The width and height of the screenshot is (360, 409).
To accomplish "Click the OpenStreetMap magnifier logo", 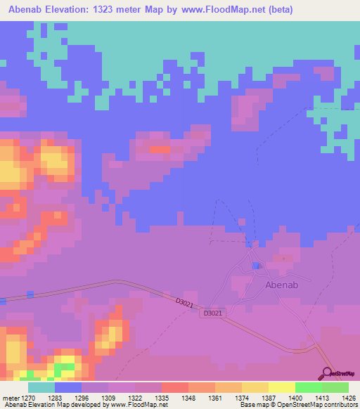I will coord(328,373).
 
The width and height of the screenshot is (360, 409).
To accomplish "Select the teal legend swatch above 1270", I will coord(41,387).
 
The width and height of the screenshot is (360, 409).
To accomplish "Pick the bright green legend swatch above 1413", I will coord(309,387).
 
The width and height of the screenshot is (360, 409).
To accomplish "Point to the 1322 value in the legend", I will coord(148,397).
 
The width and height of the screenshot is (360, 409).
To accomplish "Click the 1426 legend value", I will coord(335,397).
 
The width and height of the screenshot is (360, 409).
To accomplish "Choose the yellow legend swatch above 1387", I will coord(255,387).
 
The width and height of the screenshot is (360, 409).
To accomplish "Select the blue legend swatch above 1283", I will coord(68,387).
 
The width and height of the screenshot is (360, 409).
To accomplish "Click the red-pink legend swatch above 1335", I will coord(175,387).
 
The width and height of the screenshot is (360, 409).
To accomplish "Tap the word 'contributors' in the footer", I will coord(340,405).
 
